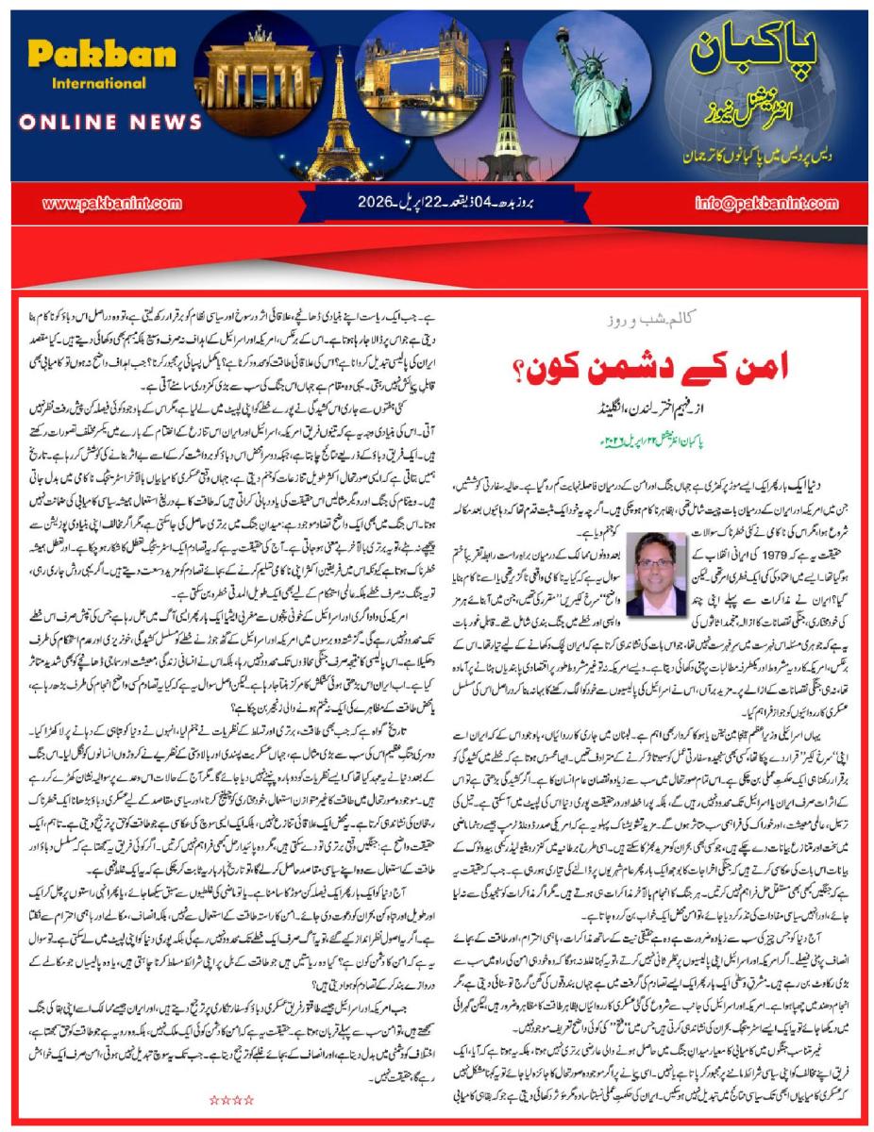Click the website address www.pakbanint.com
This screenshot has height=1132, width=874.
(98, 203)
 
